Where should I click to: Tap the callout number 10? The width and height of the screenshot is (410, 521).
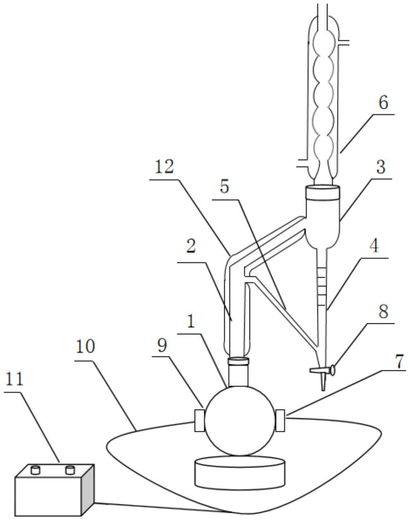(85, 347)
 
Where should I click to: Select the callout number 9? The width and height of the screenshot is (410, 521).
(162, 345)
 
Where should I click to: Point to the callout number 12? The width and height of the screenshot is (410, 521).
(165, 167)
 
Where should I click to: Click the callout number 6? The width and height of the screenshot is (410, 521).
(383, 102)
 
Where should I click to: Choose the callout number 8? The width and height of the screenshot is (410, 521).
(384, 311)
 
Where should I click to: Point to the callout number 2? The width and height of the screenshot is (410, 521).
(191, 247)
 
